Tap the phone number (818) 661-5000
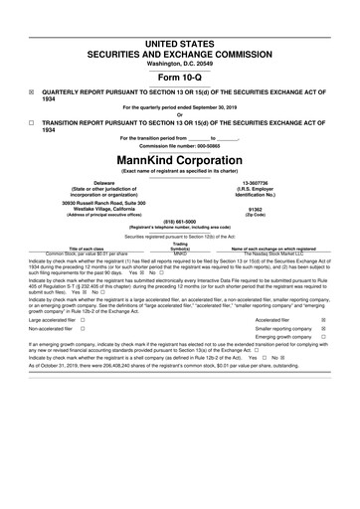[179, 223]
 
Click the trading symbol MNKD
[180, 254]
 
